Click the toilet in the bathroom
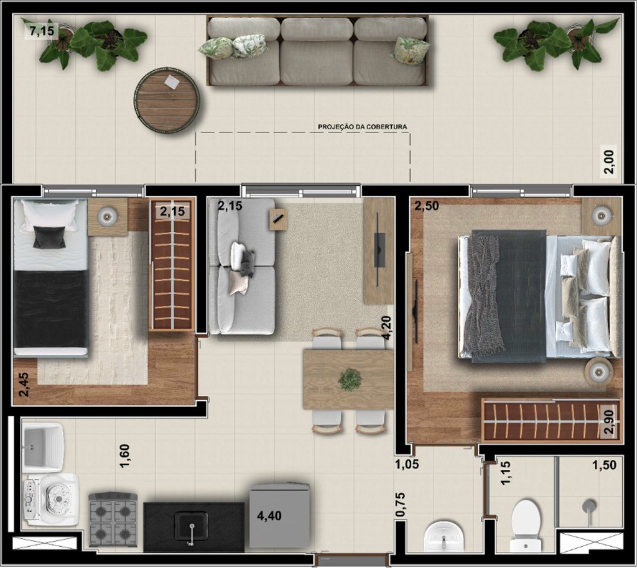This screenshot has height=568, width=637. [526, 523]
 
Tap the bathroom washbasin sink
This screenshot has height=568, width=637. [444, 535]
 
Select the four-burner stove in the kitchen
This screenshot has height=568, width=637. [113, 520]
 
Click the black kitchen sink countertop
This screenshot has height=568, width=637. [193, 527]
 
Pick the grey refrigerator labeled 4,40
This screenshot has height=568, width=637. [279, 515]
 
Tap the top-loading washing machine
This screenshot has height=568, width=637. [51, 499]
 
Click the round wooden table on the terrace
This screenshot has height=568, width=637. [167, 100]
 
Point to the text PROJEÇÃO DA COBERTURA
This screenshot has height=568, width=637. [363, 127]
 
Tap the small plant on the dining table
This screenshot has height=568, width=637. [350, 379]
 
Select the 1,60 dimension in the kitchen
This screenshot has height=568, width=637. [125, 457]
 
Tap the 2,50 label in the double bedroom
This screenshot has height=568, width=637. [427, 206]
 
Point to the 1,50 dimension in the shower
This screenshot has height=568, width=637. [604, 465]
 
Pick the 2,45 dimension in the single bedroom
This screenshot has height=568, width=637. [23, 385]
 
